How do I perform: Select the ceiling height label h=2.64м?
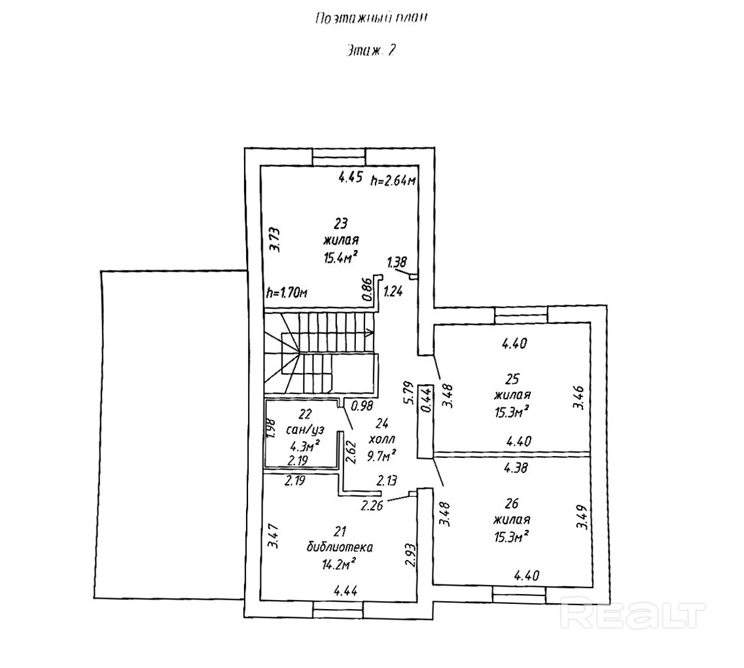click(393, 181)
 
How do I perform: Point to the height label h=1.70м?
click(287, 294)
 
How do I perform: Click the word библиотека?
click(339, 546)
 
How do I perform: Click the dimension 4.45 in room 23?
click(351, 177)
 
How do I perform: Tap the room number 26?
click(512, 503)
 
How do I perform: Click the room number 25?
click(512, 378)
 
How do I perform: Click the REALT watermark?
click(633, 616)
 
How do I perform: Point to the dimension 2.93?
click(409, 555)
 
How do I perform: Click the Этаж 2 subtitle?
click(370, 51)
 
